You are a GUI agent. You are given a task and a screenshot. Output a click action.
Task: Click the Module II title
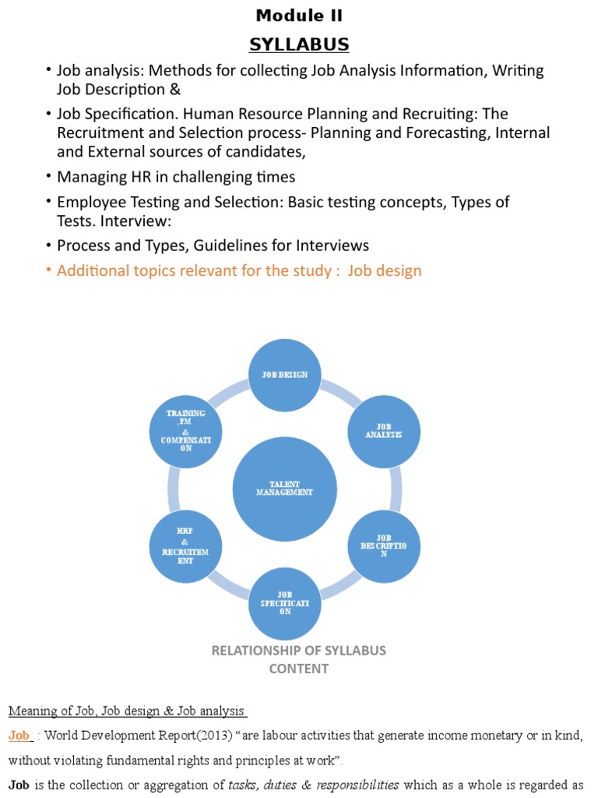click(299, 16)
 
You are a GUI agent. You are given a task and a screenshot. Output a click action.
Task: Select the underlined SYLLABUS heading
click(299, 44)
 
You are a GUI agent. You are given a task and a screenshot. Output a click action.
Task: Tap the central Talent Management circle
click(285, 489)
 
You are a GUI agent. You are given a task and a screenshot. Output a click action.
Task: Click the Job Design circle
click(285, 375)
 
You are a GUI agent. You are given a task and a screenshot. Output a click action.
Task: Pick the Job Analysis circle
click(383, 431)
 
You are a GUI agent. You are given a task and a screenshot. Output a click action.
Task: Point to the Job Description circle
click(383, 545)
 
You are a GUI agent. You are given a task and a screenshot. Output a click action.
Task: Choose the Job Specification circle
click(285, 603)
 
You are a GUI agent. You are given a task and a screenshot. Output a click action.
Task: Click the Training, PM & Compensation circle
click(185, 431)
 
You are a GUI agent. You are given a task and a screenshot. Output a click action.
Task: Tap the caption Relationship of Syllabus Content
click(299, 659)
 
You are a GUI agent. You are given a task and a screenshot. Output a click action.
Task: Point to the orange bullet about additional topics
click(239, 271)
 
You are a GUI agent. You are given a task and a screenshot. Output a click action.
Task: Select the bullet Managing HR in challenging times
click(176, 177)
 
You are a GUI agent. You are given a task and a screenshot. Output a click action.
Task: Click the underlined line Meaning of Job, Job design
click(127, 711)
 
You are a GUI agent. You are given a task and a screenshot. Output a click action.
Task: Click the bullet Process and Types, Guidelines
click(213, 245)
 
